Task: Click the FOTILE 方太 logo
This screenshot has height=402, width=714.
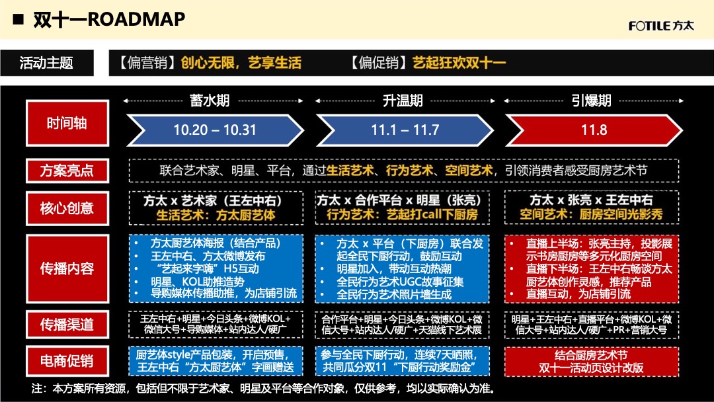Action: (x=660, y=26)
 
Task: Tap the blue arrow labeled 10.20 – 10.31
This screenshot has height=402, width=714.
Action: (x=214, y=130)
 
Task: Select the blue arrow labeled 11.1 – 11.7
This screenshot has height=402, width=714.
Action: (x=405, y=130)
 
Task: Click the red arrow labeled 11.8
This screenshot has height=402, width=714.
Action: (x=594, y=130)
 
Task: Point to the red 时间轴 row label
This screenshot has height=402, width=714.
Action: (x=67, y=123)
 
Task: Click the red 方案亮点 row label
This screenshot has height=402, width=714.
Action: (x=67, y=171)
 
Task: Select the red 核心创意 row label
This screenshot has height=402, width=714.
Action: (x=67, y=208)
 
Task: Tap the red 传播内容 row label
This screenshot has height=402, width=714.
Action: (x=67, y=268)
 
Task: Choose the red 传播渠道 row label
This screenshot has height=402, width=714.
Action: (x=67, y=324)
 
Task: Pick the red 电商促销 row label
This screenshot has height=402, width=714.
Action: (x=67, y=361)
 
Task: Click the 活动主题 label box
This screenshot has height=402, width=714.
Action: (x=47, y=63)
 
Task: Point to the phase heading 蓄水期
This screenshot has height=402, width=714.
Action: (x=210, y=100)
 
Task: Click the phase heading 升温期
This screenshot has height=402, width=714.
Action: (x=403, y=100)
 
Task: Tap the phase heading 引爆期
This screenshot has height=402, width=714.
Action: (x=591, y=100)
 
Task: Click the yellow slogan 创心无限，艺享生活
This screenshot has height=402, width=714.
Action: (x=241, y=63)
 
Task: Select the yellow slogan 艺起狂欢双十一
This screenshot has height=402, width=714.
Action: (x=459, y=63)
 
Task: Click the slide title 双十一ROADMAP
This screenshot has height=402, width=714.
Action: (x=109, y=20)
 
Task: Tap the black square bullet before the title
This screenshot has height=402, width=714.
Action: (x=19, y=19)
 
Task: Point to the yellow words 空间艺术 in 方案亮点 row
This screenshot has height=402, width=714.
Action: (x=469, y=171)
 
